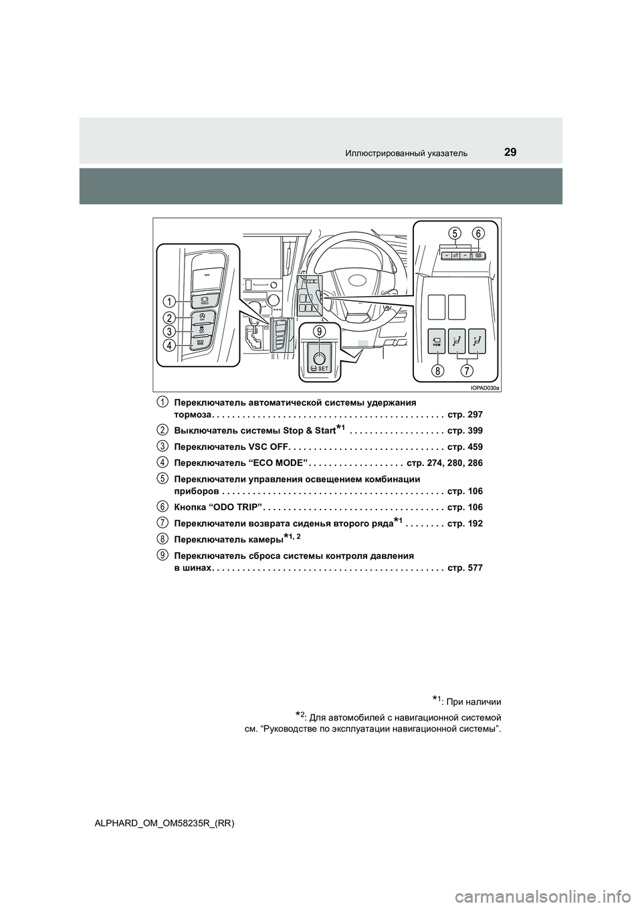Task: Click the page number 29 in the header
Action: click(x=510, y=152)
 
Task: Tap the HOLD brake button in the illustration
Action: click(x=201, y=300)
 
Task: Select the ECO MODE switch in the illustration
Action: click(x=201, y=342)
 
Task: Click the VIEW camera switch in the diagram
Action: click(x=436, y=341)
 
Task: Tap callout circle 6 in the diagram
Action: click(x=478, y=233)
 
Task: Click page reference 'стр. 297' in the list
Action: click(x=465, y=415)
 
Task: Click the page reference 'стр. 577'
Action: click(x=465, y=568)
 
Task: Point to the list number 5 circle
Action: click(x=163, y=477)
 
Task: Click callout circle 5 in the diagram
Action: click(x=455, y=233)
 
